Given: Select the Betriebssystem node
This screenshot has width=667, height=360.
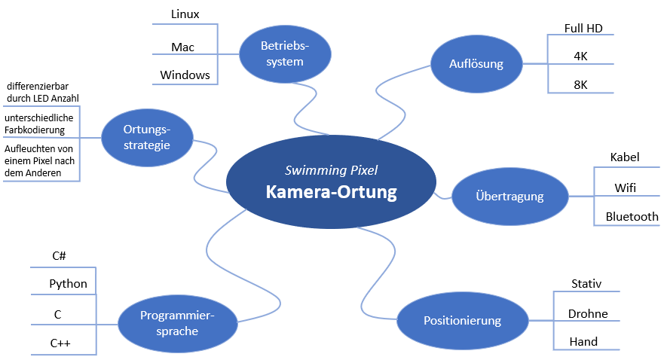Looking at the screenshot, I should [x=285, y=54].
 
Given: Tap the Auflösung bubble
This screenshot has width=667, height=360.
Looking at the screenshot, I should [x=476, y=64].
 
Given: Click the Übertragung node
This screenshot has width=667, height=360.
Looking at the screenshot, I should [x=509, y=197].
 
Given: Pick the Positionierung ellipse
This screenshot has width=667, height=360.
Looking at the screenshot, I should [x=462, y=321].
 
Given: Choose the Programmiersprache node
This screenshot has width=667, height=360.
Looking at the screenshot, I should [x=177, y=324].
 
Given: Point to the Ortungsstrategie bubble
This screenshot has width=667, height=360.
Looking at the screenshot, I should [x=146, y=138].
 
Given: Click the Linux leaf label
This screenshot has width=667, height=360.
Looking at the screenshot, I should [x=185, y=14].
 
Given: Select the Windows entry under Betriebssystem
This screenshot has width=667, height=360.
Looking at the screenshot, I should [x=185, y=75].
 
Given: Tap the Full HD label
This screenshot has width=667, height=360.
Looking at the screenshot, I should [x=583, y=29].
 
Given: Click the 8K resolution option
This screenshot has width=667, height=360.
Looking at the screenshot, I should [x=580, y=84].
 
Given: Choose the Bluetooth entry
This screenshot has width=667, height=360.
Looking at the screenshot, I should [x=632, y=216].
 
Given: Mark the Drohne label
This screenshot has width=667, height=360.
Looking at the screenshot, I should [x=588, y=313].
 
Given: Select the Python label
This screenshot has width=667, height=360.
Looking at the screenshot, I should [x=68, y=284].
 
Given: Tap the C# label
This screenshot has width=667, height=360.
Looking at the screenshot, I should [x=60, y=256].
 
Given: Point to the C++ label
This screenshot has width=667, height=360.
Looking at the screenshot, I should [x=60, y=343].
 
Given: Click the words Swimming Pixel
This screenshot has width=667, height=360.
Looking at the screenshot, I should [x=331, y=170].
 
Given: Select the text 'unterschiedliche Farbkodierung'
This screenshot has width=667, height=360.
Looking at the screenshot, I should [x=40, y=124].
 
